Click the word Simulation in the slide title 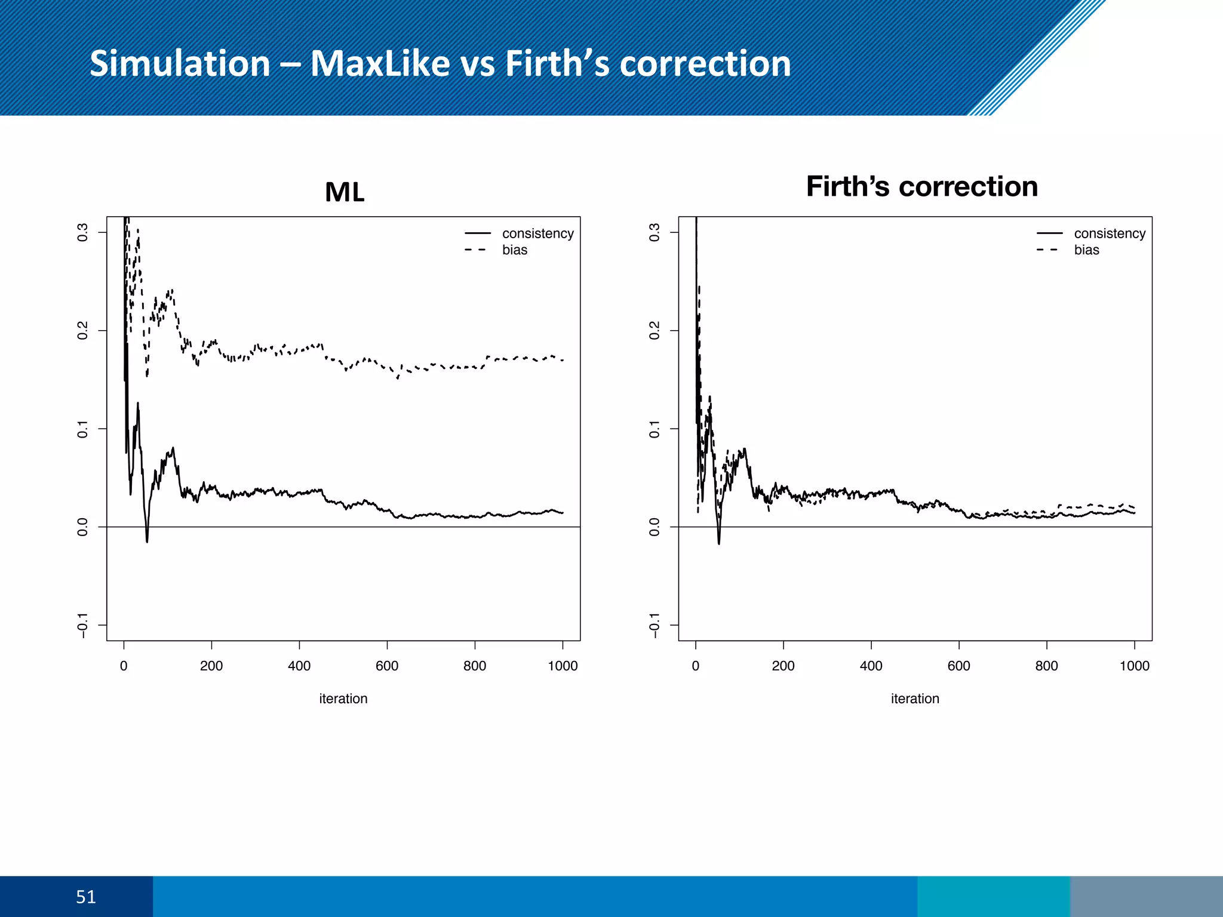[x=180, y=63]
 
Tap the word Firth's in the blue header [x=558, y=63]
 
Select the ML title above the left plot [x=345, y=192]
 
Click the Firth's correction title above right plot [x=921, y=186]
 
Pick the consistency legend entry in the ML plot [x=537, y=233]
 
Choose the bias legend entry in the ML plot [x=514, y=250]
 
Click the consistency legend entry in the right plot [x=1109, y=233]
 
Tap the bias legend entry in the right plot [x=1086, y=250]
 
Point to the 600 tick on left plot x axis [x=387, y=666]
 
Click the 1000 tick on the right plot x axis [x=1134, y=666]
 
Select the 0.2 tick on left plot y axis [x=82, y=330]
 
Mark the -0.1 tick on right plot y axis [x=654, y=625]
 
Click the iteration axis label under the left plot [x=343, y=698]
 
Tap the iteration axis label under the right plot [x=915, y=698]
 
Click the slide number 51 [x=86, y=897]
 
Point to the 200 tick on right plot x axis [x=783, y=666]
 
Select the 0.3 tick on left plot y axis [x=82, y=232]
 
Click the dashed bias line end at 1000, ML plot [x=562, y=360]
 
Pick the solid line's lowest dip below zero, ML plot [x=147, y=541]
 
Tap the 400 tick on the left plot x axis [x=299, y=666]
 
